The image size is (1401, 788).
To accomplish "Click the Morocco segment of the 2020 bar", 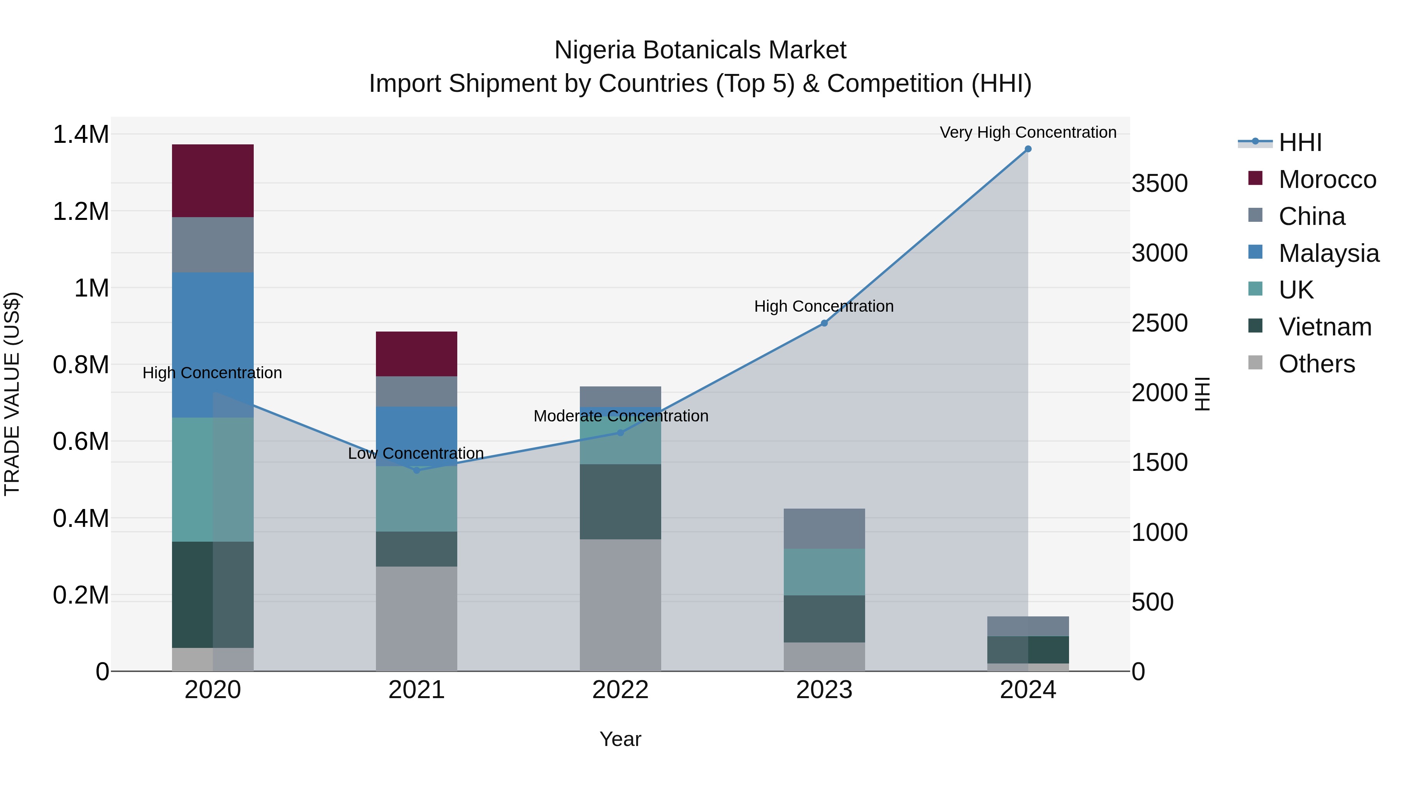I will [212, 181].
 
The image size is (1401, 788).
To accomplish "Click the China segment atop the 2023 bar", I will [824, 528].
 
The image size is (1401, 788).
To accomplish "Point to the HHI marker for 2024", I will [1027, 149].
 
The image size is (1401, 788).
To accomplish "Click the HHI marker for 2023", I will [824, 323].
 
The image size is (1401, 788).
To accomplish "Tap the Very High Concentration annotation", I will [1027, 132].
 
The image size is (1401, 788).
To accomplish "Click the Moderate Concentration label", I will [621, 416].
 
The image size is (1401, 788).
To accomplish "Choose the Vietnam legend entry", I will [1324, 327].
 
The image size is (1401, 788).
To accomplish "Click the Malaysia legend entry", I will [1328, 253].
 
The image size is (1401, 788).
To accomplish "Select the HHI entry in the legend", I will [1299, 142].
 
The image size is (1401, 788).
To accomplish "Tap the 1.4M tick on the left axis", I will [81, 134].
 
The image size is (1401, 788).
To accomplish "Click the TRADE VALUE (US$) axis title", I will [12, 394].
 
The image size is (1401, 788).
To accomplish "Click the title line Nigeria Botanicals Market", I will [700, 50].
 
